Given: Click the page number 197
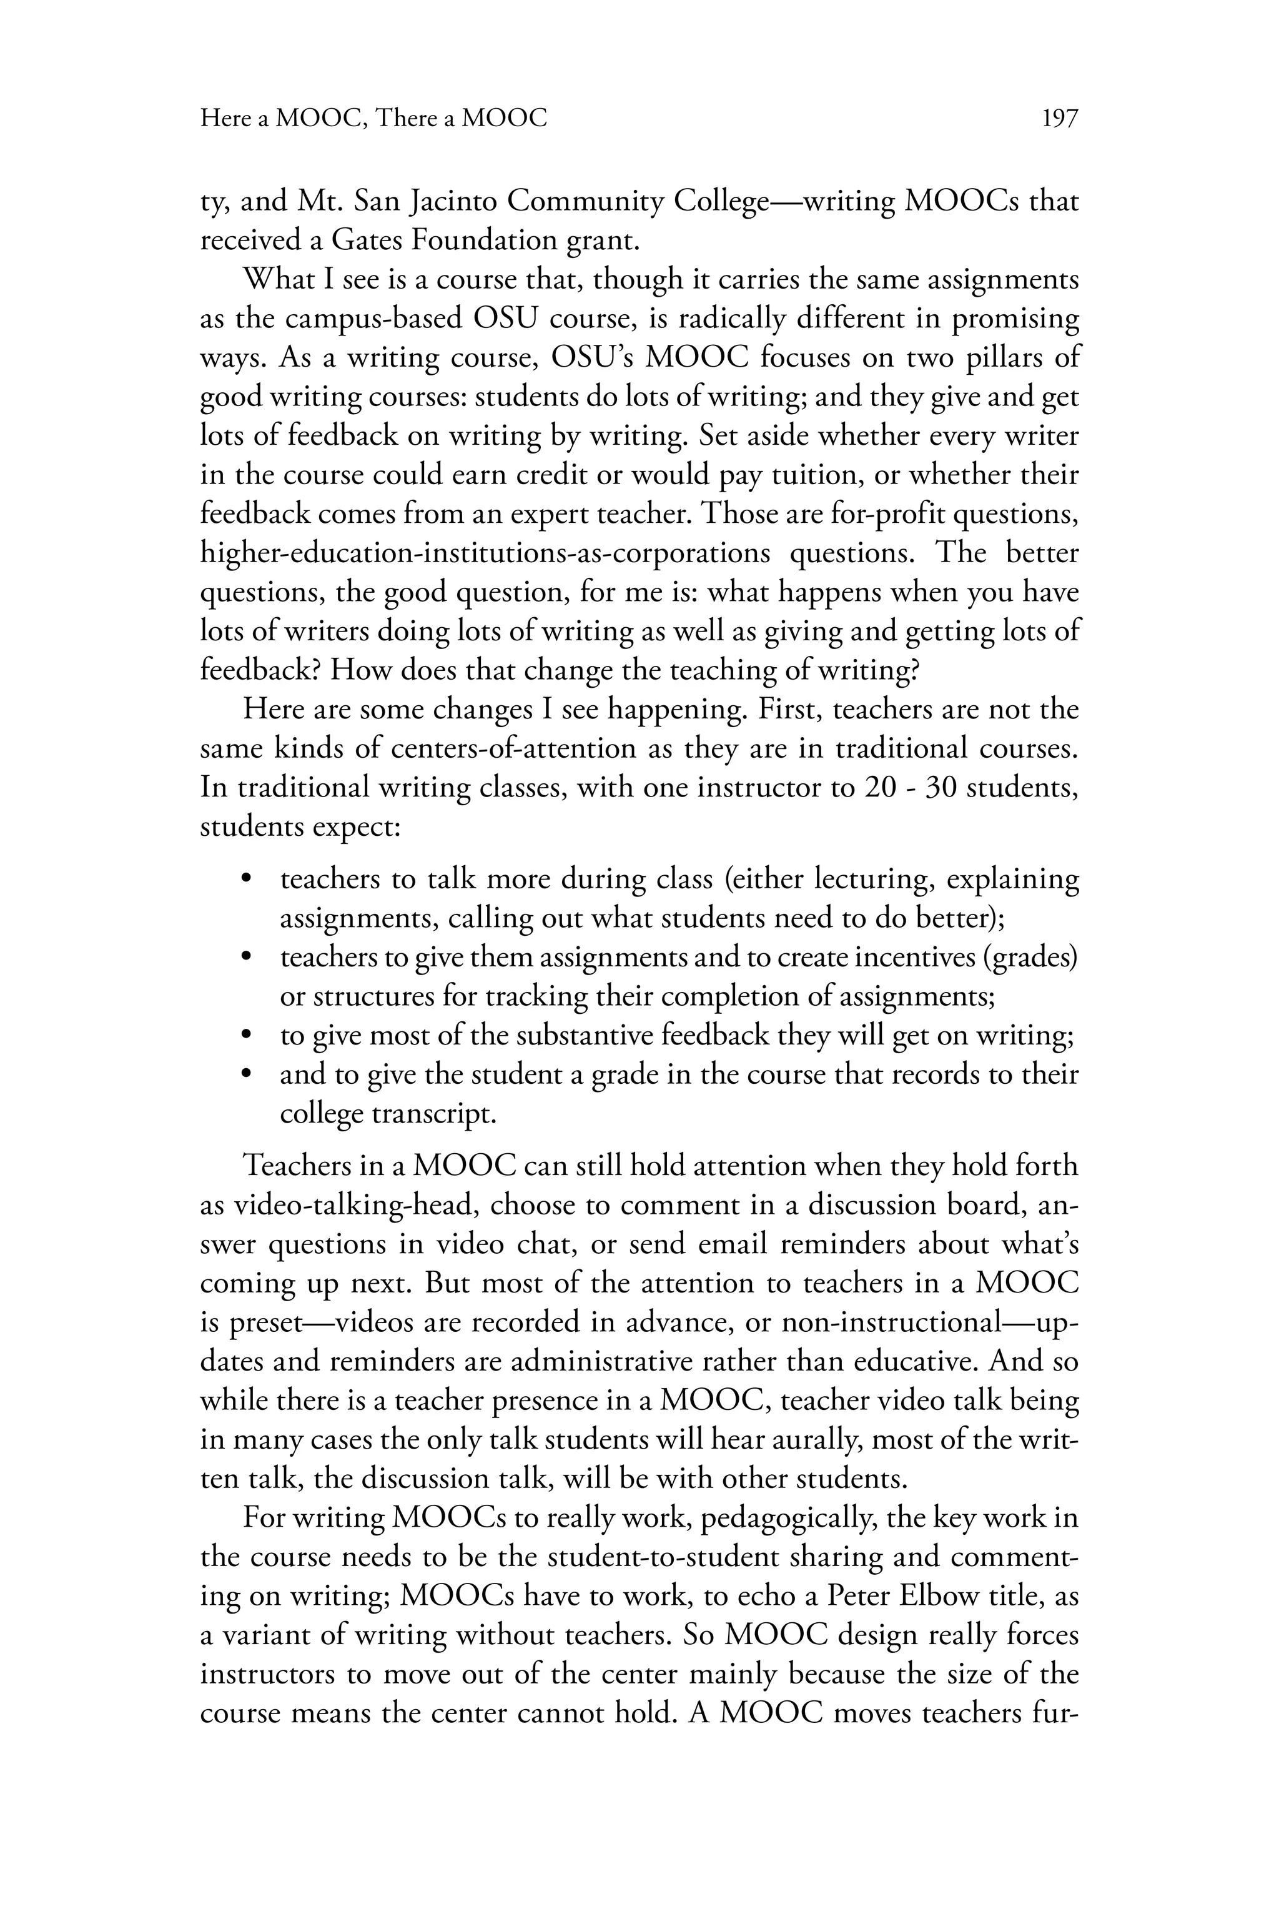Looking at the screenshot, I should [1060, 119].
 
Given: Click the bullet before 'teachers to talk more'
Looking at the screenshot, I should [246, 880].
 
